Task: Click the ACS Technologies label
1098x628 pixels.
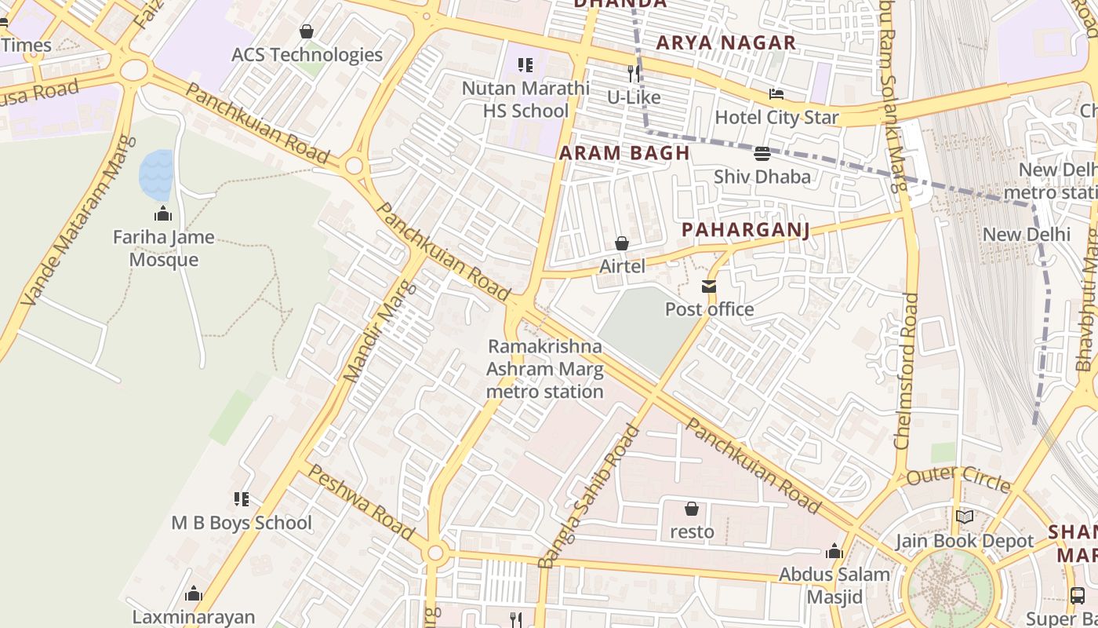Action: coord(307,54)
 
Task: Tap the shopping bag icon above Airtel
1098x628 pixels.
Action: coord(622,244)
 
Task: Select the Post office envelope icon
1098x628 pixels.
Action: coord(709,287)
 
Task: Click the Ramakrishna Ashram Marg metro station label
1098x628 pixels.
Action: coord(545,369)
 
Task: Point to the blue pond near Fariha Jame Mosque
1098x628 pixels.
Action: coord(156,174)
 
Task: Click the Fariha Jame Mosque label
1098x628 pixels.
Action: coord(163,248)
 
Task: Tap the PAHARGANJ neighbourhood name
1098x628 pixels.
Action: coord(745,230)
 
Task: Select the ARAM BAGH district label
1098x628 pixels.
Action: coord(624,153)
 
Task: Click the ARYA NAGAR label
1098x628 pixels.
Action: coord(725,43)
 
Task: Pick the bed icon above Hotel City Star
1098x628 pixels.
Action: coord(776,95)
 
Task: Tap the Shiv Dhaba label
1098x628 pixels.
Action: coord(762,177)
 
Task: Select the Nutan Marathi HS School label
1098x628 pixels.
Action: coord(525,99)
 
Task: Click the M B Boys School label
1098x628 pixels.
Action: coord(242,523)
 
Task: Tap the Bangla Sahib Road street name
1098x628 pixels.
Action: coord(589,496)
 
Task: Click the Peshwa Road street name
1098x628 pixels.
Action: coord(360,502)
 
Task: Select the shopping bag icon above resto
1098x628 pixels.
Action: coord(691,509)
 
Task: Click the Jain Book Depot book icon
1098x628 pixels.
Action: coord(964,517)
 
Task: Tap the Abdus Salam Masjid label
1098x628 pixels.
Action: coord(834,585)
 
